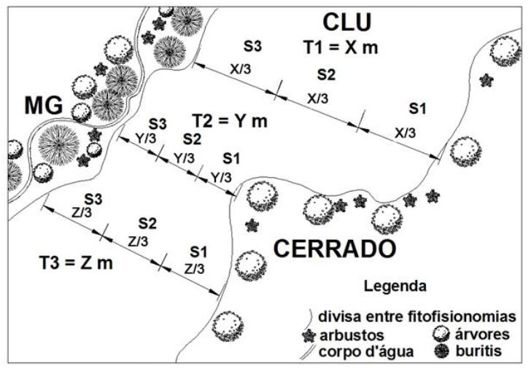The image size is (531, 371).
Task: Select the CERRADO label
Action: (336, 249)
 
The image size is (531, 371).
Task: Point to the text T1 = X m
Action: (341, 47)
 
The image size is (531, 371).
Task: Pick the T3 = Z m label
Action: (76, 262)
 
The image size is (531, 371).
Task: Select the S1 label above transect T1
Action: (416, 109)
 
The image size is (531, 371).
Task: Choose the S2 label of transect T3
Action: (147, 223)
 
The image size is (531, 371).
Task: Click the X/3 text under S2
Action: (317, 98)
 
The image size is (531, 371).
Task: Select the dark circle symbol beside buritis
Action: (441, 351)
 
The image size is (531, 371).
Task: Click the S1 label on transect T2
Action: (231, 158)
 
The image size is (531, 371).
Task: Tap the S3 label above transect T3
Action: (93, 198)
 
